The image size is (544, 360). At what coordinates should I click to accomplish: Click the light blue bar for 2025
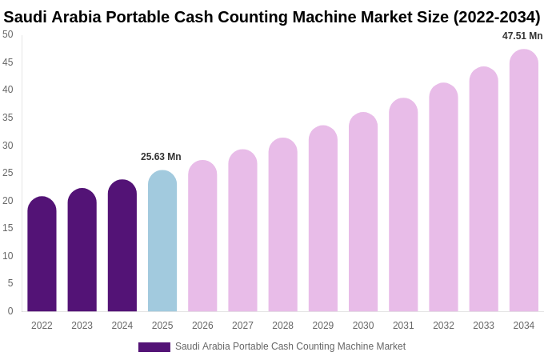click(162, 242)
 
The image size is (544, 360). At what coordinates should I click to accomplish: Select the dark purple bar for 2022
click(42, 254)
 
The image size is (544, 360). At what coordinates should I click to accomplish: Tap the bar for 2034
click(524, 181)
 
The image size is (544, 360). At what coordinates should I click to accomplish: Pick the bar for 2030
click(363, 213)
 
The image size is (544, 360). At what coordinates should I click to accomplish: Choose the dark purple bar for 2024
click(122, 246)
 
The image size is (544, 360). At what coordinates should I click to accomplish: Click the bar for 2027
click(242, 231)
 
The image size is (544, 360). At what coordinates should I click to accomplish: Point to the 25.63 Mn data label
click(161, 157)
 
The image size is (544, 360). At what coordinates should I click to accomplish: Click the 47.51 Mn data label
click(522, 36)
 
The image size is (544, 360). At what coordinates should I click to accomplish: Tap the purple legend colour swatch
click(154, 347)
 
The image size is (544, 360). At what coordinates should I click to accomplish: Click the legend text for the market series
click(290, 346)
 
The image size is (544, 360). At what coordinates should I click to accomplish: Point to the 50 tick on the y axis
click(8, 34)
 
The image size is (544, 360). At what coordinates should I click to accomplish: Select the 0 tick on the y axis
click(10, 311)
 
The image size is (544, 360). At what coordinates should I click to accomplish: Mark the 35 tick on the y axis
click(8, 118)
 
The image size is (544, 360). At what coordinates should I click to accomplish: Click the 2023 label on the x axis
click(82, 326)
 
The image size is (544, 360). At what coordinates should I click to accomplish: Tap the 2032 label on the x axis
click(443, 326)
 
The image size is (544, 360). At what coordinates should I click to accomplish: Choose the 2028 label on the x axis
click(282, 326)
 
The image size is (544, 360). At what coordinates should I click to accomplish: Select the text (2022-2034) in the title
click(497, 17)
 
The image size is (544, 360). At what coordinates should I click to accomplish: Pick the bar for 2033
click(483, 190)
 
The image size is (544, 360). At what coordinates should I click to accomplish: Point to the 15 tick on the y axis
click(8, 228)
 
